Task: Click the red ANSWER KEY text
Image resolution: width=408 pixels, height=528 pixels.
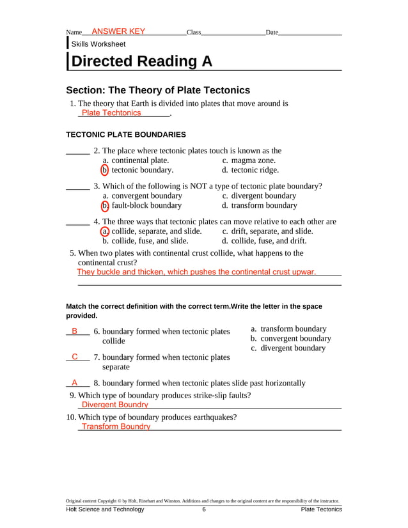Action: click(118, 31)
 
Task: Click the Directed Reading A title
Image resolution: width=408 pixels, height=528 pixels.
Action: click(141, 61)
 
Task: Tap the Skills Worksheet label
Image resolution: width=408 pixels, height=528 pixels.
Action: click(98, 44)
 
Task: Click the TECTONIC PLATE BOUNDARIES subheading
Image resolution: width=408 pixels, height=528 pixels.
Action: click(126, 135)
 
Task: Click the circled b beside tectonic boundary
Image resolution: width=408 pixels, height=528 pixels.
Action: click(105, 170)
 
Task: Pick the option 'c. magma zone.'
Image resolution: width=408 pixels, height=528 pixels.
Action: click(249, 160)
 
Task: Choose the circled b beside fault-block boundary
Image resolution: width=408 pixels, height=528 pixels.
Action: click(105, 206)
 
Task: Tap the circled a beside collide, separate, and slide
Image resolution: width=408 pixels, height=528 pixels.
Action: click(105, 231)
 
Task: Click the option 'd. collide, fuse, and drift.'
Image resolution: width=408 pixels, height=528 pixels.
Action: click(264, 241)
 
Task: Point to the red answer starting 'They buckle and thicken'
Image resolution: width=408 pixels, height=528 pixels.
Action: click(196, 272)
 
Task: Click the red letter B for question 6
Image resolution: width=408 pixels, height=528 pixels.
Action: click(75, 331)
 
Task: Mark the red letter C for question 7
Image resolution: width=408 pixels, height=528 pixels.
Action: click(75, 357)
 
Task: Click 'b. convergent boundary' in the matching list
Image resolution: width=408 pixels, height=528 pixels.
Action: click(290, 338)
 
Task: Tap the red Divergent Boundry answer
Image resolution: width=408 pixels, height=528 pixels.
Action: click(115, 405)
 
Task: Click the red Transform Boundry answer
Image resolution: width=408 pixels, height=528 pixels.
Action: click(116, 426)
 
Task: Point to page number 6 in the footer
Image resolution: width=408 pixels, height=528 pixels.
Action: click(204, 509)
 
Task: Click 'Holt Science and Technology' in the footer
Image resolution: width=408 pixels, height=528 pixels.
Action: click(106, 509)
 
